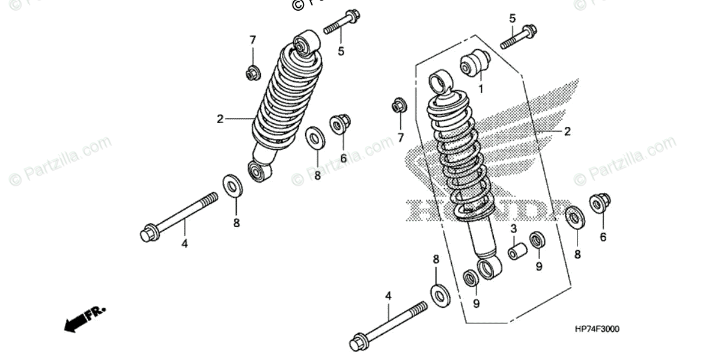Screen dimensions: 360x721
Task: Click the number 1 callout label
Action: (x=481, y=90)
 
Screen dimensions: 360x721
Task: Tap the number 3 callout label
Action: (x=514, y=228)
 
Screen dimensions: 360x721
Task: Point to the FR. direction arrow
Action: (x=84, y=318)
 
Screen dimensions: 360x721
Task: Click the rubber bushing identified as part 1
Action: (x=475, y=64)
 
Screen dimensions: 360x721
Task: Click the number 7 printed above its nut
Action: (x=253, y=40)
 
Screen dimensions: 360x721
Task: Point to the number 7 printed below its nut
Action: (x=400, y=138)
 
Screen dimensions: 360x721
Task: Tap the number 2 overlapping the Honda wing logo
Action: (x=567, y=132)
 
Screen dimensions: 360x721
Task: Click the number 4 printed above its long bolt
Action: (x=388, y=296)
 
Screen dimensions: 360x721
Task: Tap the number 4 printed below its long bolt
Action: (x=185, y=243)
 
